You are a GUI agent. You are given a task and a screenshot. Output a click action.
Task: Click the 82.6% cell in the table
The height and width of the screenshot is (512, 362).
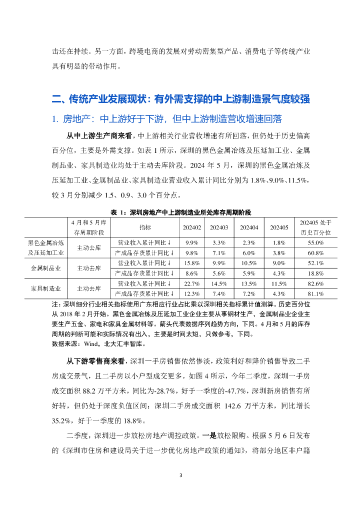(x=318, y=283)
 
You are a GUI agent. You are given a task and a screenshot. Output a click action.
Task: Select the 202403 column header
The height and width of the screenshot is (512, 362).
(x=219, y=227)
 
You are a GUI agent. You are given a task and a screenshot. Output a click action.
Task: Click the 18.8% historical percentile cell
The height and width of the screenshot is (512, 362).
(x=318, y=273)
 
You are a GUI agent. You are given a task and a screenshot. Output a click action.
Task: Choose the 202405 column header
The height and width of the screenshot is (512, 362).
(x=279, y=227)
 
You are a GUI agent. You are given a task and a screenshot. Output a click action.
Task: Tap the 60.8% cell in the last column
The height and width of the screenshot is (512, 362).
(x=318, y=252)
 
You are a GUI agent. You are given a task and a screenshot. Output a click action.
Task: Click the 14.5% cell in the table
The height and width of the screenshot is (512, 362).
(x=219, y=283)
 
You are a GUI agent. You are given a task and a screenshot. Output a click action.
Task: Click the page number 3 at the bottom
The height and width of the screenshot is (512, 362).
(x=181, y=475)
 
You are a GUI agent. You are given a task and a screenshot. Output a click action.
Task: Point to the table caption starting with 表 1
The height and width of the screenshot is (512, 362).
(x=180, y=212)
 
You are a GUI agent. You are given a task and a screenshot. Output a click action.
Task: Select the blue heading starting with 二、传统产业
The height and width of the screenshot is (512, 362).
(x=180, y=99)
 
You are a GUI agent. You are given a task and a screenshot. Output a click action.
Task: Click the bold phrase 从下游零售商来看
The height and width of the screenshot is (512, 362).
(x=97, y=361)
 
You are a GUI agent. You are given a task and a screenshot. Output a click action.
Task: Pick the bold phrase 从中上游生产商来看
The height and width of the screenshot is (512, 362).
(x=100, y=135)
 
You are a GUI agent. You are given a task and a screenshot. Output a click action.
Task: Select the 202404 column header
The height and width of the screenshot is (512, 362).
(x=249, y=227)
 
